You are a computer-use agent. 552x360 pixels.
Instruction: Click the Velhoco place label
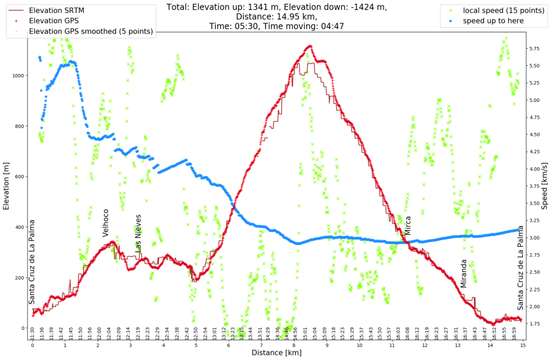[106, 222]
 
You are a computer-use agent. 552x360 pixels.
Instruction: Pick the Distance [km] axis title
[276, 352]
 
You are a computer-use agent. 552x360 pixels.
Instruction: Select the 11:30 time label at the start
[32, 333]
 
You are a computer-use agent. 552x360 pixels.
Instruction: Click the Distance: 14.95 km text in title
[276, 16]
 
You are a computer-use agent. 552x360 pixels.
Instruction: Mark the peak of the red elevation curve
[309, 46]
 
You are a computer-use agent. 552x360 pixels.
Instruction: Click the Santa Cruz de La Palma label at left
[32, 262]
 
